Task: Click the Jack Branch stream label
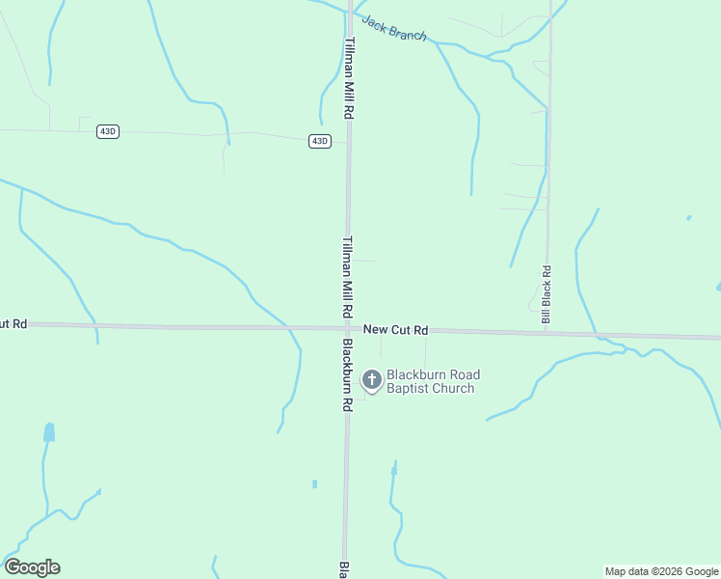pos(393,28)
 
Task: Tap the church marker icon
pos(371,381)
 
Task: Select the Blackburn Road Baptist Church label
pos(433,382)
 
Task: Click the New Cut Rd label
pos(395,330)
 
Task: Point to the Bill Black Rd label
pos(547,295)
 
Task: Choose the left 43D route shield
pos(108,131)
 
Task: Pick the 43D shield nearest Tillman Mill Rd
pos(320,141)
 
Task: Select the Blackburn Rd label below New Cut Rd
pos(347,376)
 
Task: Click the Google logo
pos(32,567)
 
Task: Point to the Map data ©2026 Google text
pos(661,571)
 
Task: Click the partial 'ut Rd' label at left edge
pos(13,324)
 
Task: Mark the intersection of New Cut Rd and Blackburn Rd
pos(347,328)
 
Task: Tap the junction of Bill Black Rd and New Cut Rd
pos(547,333)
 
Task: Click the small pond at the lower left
pos(49,432)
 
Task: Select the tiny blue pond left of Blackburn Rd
pos(314,483)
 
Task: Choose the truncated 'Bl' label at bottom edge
pos(341,569)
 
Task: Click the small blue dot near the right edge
pos(688,218)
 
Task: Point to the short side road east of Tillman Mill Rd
pos(364,260)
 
